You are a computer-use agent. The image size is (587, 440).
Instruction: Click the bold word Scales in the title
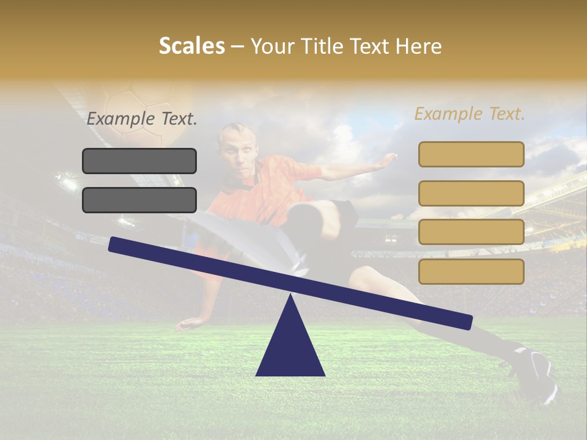tap(191, 46)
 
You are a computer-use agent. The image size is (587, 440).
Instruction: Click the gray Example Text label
tap(142, 119)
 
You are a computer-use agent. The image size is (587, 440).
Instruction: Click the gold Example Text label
tap(470, 114)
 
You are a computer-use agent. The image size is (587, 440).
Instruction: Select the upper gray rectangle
tap(139, 161)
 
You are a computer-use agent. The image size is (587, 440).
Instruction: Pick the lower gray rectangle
tap(139, 200)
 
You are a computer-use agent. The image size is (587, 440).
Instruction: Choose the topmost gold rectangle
tap(471, 154)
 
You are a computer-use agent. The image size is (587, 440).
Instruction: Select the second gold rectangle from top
tap(471, 193)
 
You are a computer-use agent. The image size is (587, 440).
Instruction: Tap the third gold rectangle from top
tap(471, 232)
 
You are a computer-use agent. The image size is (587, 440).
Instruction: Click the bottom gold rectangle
tap(471, 271)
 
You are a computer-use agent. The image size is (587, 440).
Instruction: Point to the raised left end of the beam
tap(116, 244)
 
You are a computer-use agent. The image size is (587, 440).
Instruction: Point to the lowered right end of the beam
tap(465, 321)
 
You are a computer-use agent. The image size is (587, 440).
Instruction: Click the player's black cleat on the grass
tap(535, 373)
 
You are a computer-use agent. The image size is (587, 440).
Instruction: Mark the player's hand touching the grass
tap(186, 324)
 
